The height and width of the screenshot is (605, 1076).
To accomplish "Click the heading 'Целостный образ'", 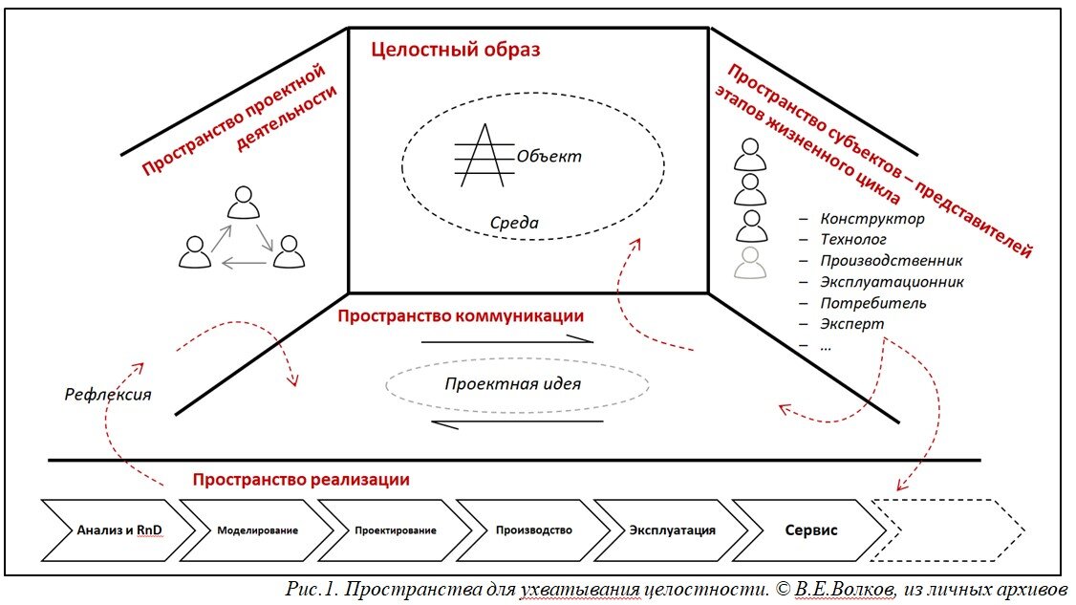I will pyautogui.click(x=456, y=50).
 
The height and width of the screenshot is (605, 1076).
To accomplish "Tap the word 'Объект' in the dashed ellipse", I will pyautogui.click(x=548, y=156).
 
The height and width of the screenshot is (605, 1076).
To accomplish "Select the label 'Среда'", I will pyautogui.click(x=514, y=224).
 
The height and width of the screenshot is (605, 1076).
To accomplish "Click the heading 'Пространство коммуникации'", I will pyautogui.click(x=461, y=314).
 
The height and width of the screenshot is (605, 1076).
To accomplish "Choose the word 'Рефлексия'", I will pyautogui.click(x=108, y=393).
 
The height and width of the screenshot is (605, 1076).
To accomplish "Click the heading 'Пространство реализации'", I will pyautogui.click(x=300, y=480).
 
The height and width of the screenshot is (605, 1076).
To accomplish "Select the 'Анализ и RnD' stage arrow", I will pyautogui.click(x=112, y=529).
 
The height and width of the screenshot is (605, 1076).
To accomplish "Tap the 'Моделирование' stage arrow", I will pyautogui.click(x=256, y=529).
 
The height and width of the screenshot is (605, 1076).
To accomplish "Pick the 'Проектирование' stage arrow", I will pyautogui.click(x=394, y=529).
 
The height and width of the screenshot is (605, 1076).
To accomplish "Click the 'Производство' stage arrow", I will pyautogui.click(x=533, y=529).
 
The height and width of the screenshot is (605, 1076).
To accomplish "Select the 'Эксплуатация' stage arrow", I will pyautogui.click(x=671, y=529).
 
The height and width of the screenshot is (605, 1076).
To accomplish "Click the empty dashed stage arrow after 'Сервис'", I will pyautogui.click(x=951, y=529).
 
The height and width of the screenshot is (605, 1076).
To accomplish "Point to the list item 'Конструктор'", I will pyautogui.click(x=872, y=220).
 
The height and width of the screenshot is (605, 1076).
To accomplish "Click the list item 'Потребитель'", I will pyautogui.click(x=872, y=303).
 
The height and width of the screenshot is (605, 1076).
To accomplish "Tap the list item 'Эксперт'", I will pyautogui.click(x=851, y=324).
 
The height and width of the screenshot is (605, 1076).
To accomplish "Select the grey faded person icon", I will pyautogui.click(x=751, y=262).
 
